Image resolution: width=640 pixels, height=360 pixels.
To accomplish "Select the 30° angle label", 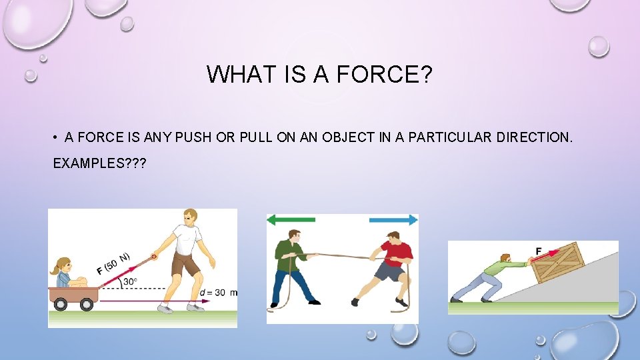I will (x=129, y=281).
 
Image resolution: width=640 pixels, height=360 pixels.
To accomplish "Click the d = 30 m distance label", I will (x=218, y=293).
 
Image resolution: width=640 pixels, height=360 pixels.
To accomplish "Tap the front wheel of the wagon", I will (x=87, y=304).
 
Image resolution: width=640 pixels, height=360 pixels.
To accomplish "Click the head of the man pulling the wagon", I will (x=190, y=217).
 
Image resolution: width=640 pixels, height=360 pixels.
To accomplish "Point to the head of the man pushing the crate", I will (x=505, y=259).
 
